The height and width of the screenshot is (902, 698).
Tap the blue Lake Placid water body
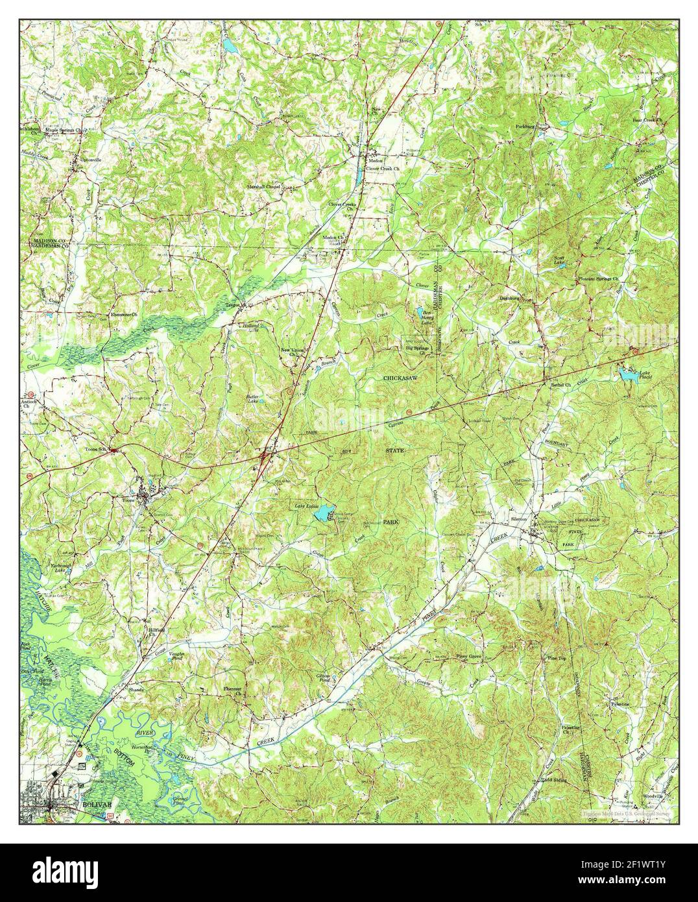pyautogui.click(x=625, y=374)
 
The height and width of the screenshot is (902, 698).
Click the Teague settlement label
pyautogui.click(x=233, y=304)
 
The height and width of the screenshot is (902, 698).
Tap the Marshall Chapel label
pyautogui.click(x=262, y=186)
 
